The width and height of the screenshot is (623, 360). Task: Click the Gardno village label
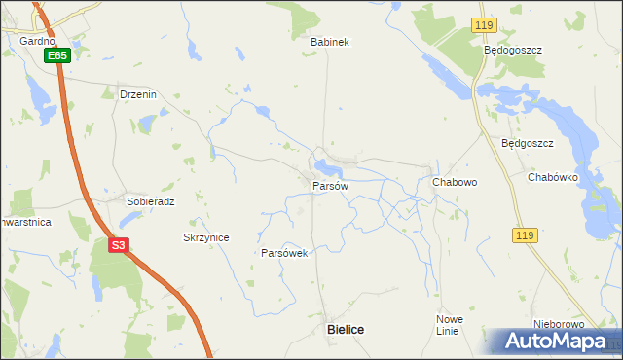coord(37,42)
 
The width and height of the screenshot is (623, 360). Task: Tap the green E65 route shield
coord(57,56)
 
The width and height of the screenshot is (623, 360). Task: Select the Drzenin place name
coord(137,94)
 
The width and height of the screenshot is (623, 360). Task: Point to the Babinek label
coord(329,42)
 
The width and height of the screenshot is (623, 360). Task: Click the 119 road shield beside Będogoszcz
coord(484,23)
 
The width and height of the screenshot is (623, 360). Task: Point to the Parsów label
coord(330,185)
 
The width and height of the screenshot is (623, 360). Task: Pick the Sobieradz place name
coord(150,201)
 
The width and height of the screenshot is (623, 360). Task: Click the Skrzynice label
coord(205,237)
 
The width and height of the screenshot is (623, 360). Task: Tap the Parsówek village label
coord(284,253)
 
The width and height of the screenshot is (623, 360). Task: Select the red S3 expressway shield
coord(118,245)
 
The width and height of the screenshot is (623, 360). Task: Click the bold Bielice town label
coord(345,330)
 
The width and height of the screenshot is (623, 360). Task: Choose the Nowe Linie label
coord(449,325)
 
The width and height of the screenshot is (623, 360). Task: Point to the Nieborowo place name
coord(558,324)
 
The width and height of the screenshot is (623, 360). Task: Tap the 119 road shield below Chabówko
coord(524,235)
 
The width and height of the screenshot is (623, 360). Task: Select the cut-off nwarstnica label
coord(25,222)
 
